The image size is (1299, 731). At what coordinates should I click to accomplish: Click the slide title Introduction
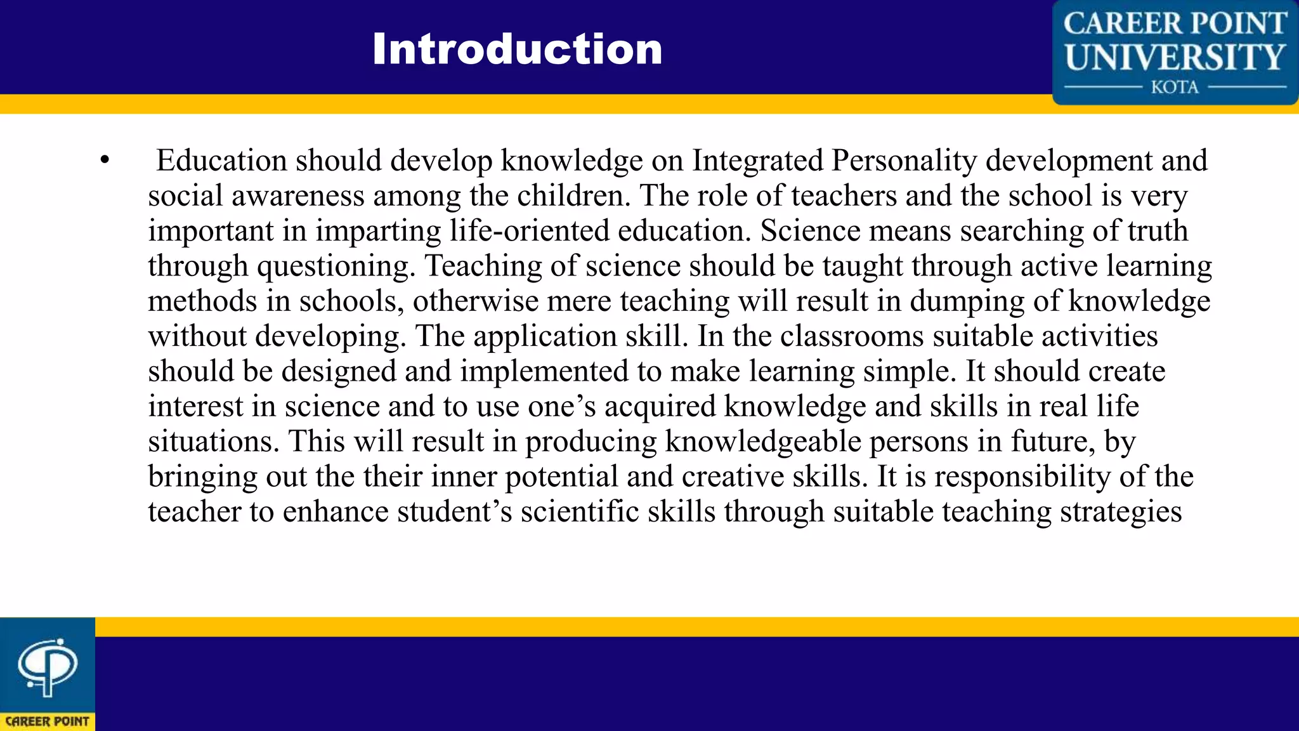(x=517, y=49)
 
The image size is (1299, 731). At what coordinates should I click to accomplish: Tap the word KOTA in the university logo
(x=1175, y=87)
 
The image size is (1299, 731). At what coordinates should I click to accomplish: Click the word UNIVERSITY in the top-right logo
(x=1175, y=57)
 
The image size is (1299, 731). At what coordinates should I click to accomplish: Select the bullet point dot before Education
(x=105, y=161)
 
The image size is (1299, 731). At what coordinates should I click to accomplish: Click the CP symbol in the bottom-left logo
(x=48, y=666)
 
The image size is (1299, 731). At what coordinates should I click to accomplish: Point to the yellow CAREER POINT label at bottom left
(x=48, y=721)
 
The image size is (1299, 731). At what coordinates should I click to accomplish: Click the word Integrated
(x=757, y=161)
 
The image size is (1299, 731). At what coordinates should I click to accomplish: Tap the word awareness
(x=297, y=196)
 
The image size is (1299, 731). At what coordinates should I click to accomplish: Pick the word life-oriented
(x=530, y=231)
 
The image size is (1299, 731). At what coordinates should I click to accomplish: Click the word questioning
(x=336, y=267)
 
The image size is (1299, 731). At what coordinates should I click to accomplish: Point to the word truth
(x=1158, y=231)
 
